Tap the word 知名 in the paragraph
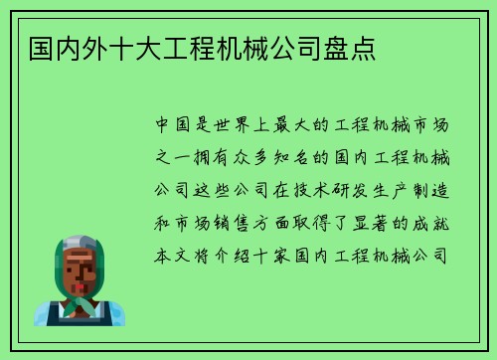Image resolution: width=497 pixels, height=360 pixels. pos(295,158)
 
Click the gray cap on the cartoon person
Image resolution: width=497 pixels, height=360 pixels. pos(80,244)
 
